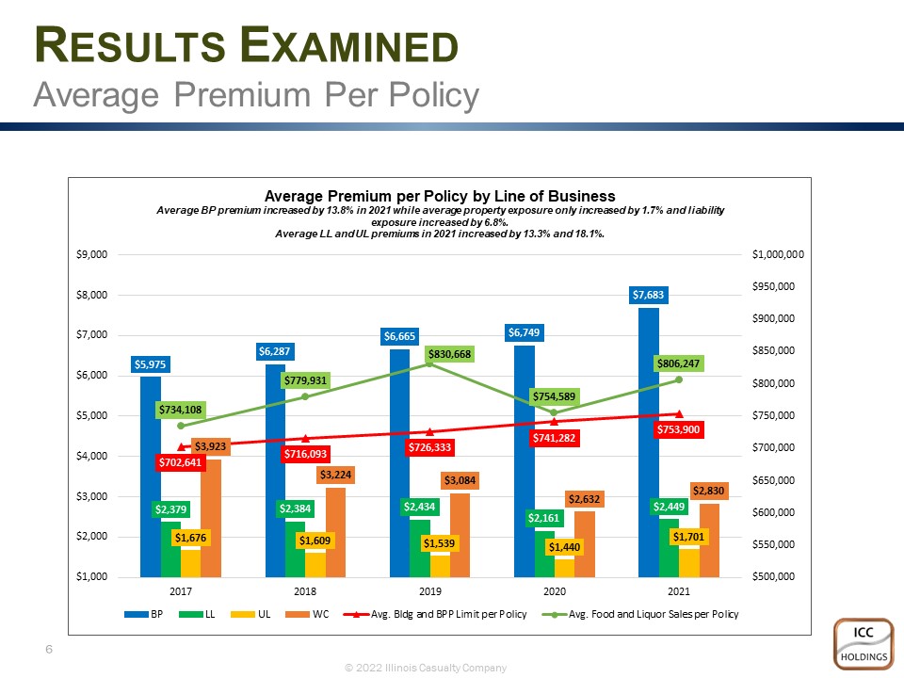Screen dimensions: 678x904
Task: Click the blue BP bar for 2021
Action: point(648,443)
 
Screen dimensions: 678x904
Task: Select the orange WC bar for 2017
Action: point(211,518)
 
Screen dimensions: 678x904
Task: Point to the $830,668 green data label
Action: point(449,354)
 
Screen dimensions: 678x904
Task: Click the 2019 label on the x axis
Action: point(429,591)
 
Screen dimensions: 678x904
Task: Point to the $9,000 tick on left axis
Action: point(92,254)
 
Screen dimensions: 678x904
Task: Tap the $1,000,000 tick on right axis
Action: point(776,254)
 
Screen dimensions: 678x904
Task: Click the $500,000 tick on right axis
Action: point(772,576)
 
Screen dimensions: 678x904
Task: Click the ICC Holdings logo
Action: point(862,644)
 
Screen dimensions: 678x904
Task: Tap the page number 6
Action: point(48,650)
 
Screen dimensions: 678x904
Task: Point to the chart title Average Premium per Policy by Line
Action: point(440,196)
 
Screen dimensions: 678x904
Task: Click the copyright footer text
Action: point(426,668)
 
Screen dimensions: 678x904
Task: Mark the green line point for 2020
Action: point(554,412)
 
